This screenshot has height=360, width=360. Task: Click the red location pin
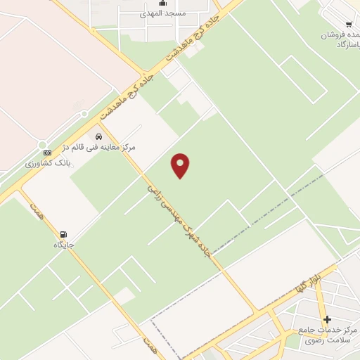(181, 165)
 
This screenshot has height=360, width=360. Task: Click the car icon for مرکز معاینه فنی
(98, 136)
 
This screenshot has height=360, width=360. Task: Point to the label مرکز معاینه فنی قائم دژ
(106, 147)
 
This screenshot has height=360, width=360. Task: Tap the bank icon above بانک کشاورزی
(47, 153)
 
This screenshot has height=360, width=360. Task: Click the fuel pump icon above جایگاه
(64, 234)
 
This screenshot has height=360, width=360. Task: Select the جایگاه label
(64, 245)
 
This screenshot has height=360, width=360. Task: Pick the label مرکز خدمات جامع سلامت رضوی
(328, 335)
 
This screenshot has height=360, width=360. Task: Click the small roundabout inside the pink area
(84, 114)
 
